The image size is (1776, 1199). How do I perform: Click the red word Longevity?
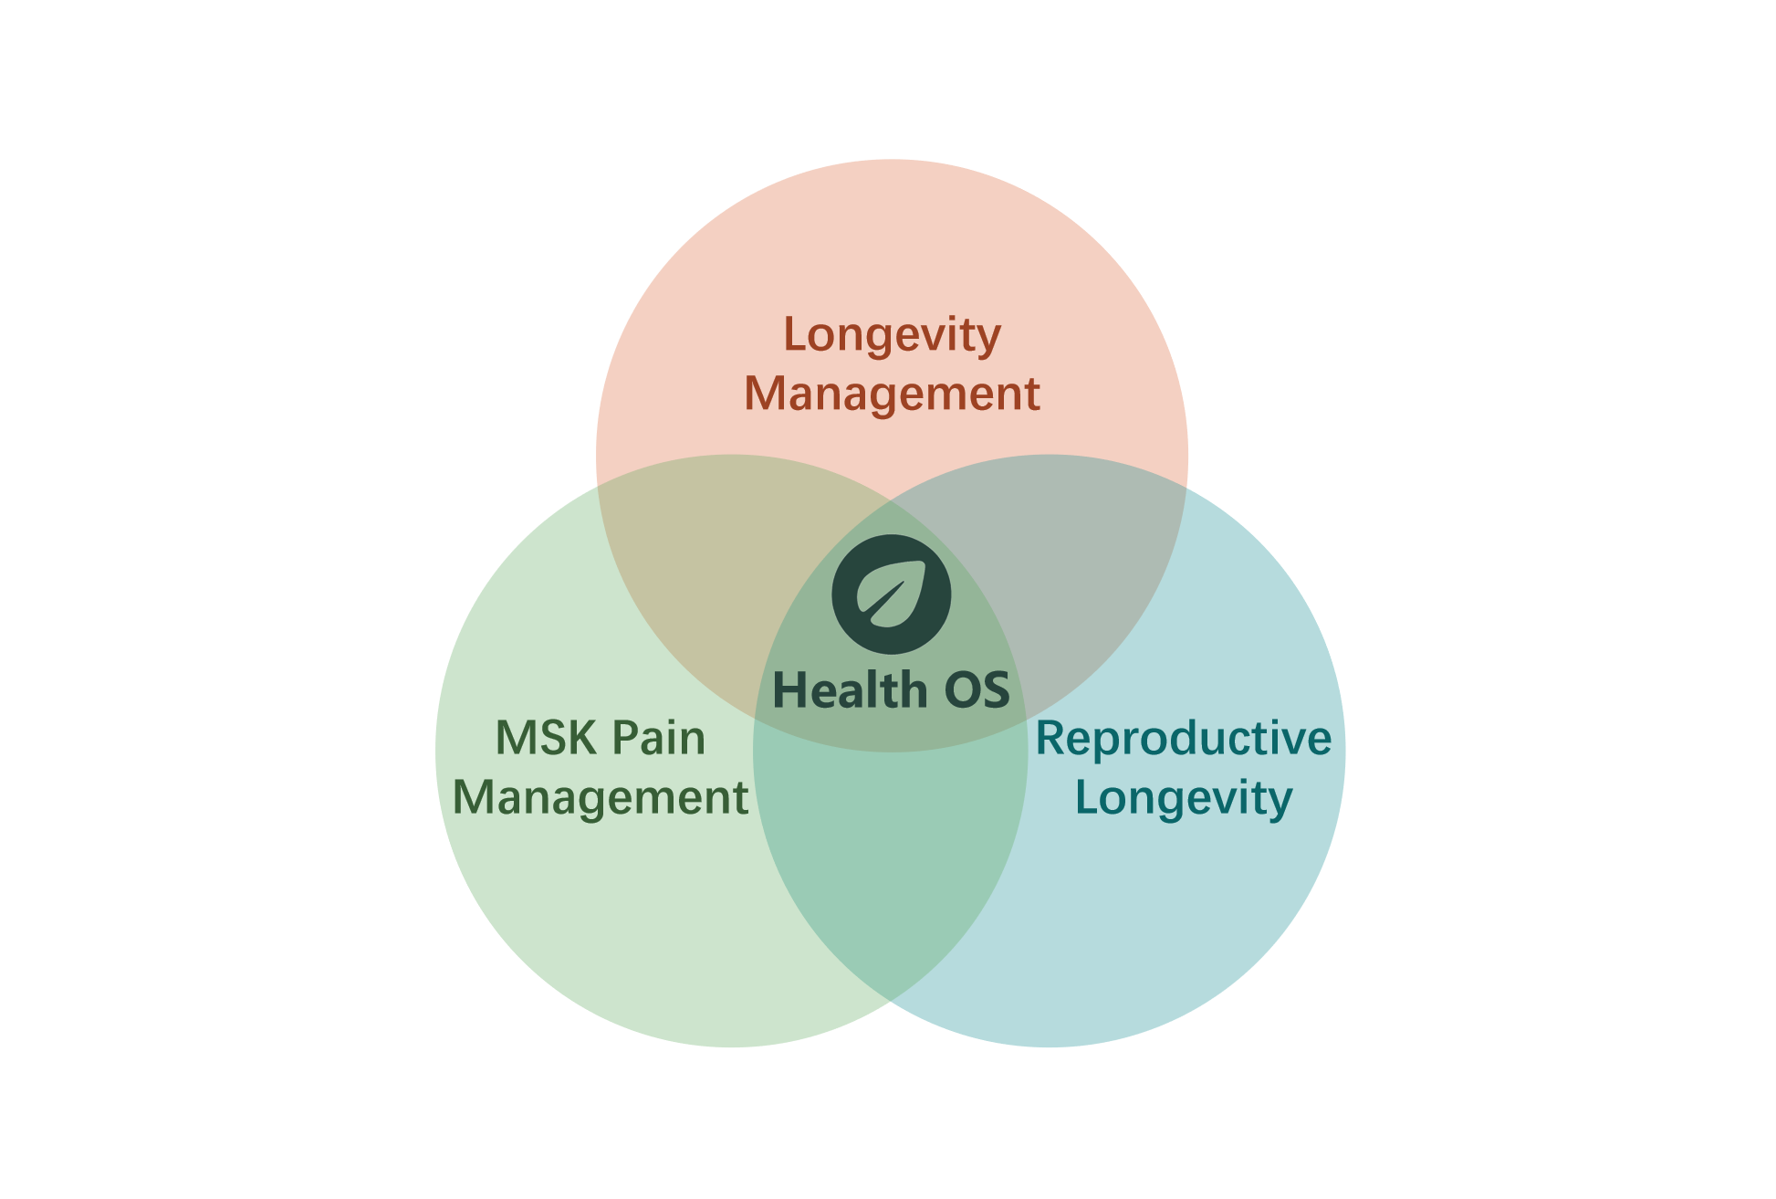(892, 335)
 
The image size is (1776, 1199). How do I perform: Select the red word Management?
(892, 394)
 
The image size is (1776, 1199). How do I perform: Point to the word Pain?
(658, 738)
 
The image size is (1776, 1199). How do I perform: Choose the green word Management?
(600, 797)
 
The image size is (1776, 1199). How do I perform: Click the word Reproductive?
(1184, 738)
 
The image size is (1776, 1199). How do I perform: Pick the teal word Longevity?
(1184, 797)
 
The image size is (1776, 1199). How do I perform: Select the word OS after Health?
(977, 689)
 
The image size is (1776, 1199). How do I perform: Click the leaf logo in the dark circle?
(892, 594)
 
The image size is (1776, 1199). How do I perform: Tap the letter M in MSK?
(514, 738)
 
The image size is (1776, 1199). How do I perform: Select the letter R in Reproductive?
(1050, 738)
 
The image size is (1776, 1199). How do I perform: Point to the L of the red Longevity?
(794, 335)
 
